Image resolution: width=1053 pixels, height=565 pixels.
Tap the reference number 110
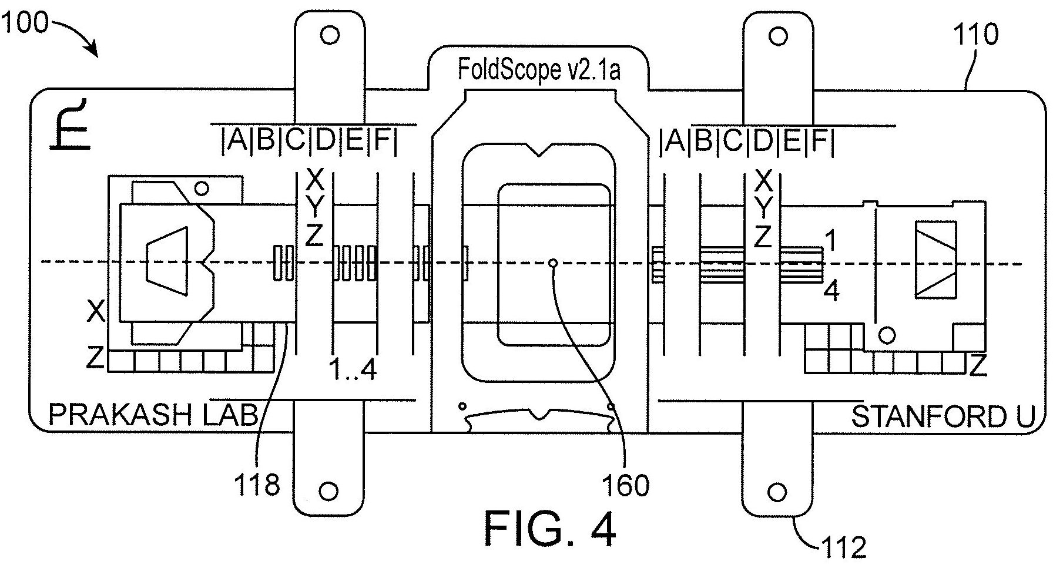(975, 35)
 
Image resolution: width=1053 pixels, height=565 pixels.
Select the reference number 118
(257, 485)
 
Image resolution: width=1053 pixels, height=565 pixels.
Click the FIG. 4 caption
(551, 529)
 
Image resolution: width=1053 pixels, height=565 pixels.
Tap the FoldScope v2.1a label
(539, 70)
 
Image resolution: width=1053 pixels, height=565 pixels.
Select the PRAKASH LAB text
(153, 415)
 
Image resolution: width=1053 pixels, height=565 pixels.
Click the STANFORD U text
(943, 416)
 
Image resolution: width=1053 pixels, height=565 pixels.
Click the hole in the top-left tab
(330, 35)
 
